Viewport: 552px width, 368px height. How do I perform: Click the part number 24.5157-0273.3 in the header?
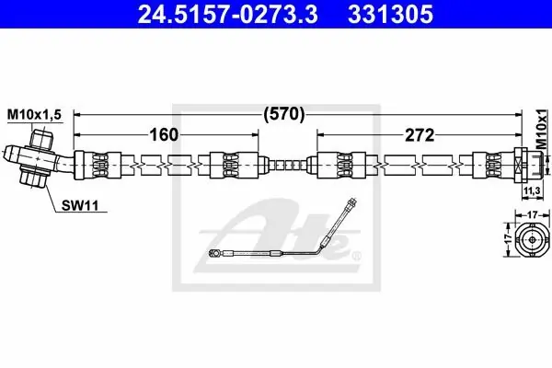tap(228, 14)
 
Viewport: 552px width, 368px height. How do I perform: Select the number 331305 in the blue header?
tap(390, 14)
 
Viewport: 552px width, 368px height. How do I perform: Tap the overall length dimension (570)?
tap(284, 114)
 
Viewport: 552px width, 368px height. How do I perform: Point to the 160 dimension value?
tap(164, 134)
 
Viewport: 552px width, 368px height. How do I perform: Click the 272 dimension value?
tap(420, 135)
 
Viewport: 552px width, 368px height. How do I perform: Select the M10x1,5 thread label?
tap(34, 114)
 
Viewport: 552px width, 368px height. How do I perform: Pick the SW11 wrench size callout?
tap(80, 205)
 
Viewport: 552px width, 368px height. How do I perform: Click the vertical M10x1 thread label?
tap(543, 129)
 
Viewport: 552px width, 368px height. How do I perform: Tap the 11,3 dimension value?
tap(532, 190)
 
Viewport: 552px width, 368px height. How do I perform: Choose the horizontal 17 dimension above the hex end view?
tap(533, 214)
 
